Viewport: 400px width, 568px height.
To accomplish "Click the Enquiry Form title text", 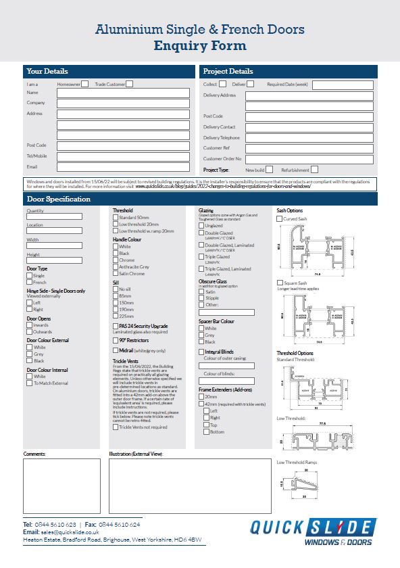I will click(x=199, y=46).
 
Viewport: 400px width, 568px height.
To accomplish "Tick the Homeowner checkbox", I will click(x=85, y=84).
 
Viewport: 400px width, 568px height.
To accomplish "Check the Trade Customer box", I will click(x=130, y=84).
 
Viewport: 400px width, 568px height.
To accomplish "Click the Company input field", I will click(x=123, y=103).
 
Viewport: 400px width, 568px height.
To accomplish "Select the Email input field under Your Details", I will click(x=123, y=166).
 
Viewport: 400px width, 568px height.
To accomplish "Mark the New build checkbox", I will click(x=269, y=170).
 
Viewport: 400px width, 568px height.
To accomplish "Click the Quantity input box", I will click(x=54, y=217).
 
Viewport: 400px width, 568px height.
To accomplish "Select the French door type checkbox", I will click(x=30, y=282).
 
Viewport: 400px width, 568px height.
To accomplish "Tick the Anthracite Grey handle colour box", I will click(x=116, y=267).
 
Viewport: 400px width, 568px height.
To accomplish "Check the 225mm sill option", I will click(x=116, y=315).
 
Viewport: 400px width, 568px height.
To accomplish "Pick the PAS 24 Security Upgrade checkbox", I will click(x=116, y=326).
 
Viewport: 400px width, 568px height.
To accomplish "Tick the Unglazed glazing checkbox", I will click(x=201, y=225).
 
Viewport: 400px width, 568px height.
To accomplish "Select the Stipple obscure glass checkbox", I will click(x=201, y=298).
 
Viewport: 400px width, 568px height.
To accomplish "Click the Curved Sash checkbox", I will click(x=280, y=219).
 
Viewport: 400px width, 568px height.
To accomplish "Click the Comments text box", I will click(x=61, y=486).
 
